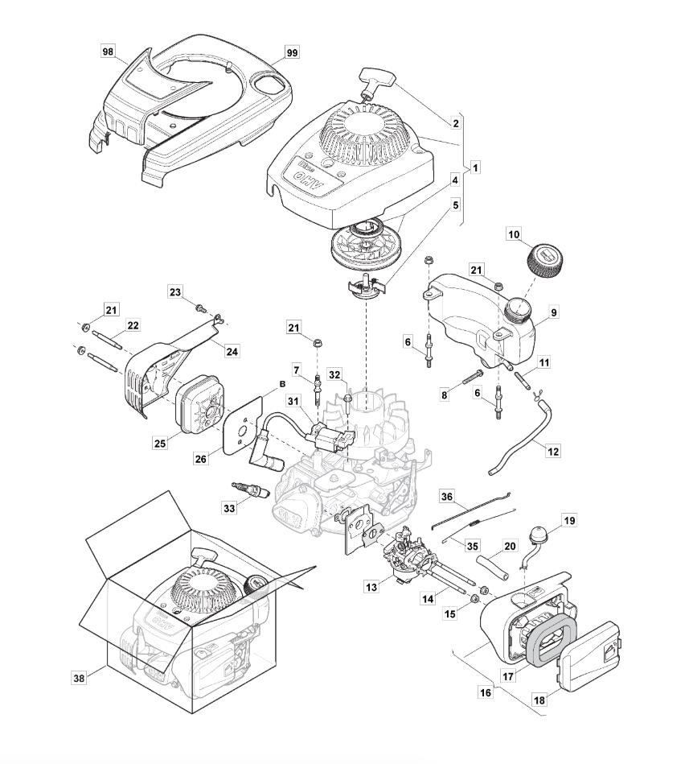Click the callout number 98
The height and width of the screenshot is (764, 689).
point(108,52)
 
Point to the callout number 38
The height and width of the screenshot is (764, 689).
point(79,679)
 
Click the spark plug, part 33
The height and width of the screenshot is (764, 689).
point(245,489)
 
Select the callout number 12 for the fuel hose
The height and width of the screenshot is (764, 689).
point(552,452)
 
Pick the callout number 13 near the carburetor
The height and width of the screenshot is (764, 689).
point(371,588)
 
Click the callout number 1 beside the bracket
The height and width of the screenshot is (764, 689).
point(476,167)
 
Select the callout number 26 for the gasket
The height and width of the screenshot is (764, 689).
point(201,459)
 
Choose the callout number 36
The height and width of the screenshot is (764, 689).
point(447,496)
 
